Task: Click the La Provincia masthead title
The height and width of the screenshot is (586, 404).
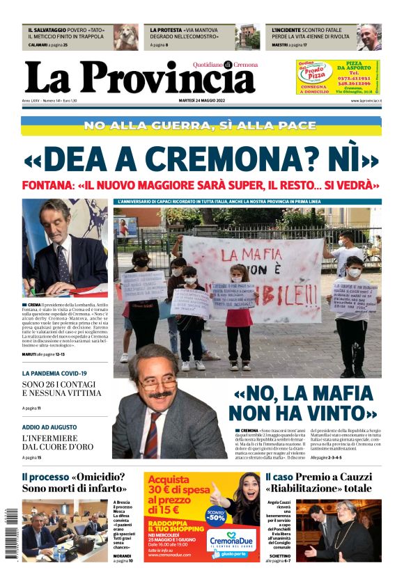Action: point(139,78)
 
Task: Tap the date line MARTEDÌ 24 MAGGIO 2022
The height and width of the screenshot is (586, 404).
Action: point(202,101)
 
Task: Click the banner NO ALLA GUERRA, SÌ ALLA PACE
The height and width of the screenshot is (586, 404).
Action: point(201,125)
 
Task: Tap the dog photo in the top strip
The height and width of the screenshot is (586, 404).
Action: point(127,37)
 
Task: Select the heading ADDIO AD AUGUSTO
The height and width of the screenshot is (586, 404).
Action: point(49,427)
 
